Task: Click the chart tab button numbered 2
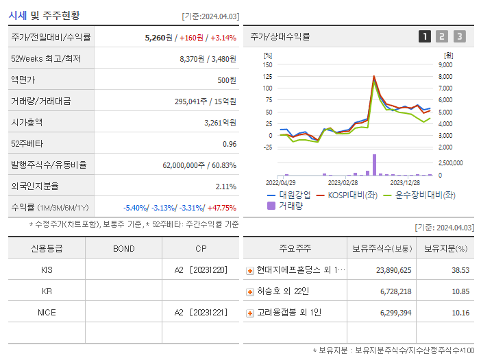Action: pyautogui.click(x=442, y=36)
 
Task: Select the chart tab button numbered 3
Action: pyautogui.click(x=459, y=36)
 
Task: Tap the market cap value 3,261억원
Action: pyautogui.click(x=220, y=123)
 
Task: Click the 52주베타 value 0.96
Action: pyautogui.click(x=230, y=144)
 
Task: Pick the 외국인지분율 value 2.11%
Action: pyautogui.click(x=225, y=187)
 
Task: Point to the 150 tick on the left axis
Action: pyautogui.click(x=267, y=64)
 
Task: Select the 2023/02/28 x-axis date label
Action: pyautogui.click(x=343, y=183)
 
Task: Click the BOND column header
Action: pyautogui.click(x=123, y=249)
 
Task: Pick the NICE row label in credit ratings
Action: pyautogui.click(x=47, y=312)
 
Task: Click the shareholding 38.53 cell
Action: pyautogui.click(x=460, y=270)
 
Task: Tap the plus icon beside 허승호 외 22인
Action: pyautogui.click(x=250, y=292)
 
